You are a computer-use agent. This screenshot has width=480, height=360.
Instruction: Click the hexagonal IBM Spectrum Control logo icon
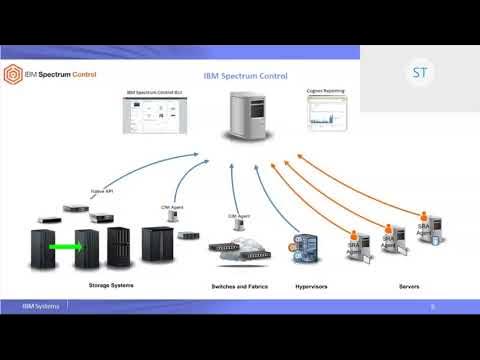click(x=14, y=73)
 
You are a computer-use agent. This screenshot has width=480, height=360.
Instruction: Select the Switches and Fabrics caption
click(x=239, y=286)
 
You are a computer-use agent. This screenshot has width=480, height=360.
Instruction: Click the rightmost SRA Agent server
click(x=427, y=229)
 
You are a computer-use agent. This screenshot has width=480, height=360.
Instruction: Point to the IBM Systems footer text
click(x=42, y=305)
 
